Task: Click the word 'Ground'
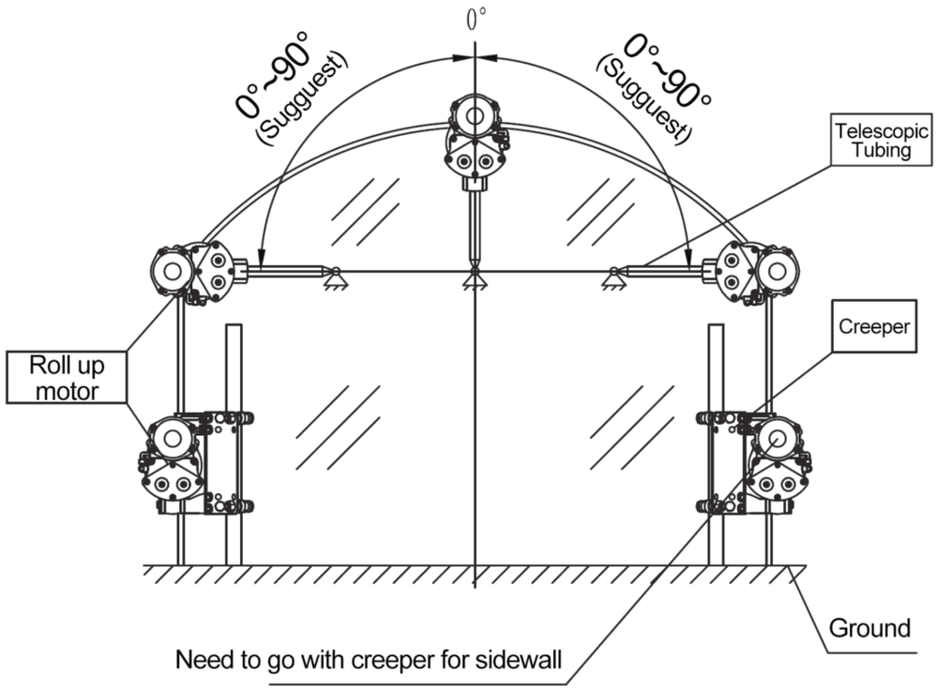871,627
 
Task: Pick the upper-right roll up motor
756,271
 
